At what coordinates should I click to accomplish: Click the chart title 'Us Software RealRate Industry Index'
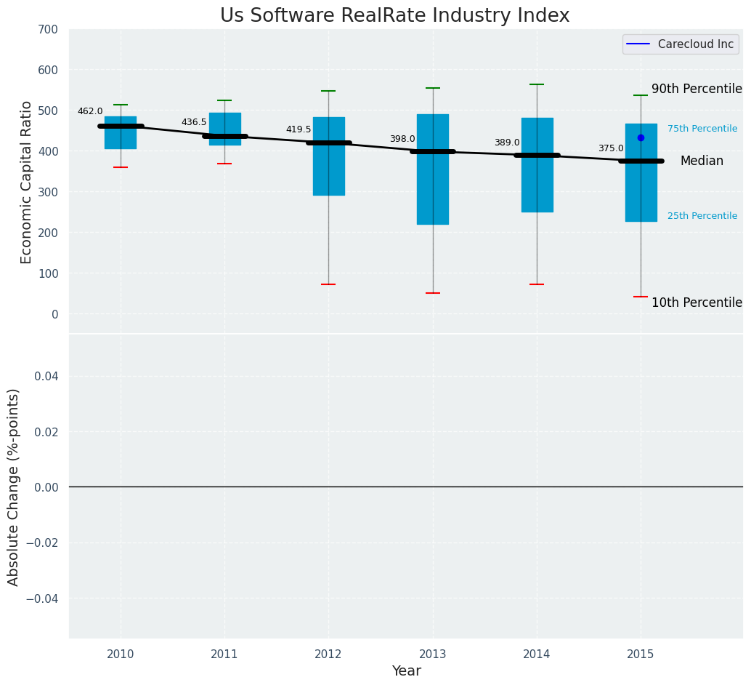(394, 16)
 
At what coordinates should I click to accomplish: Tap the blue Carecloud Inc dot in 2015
(641, 137)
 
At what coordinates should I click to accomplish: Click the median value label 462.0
(90, 111)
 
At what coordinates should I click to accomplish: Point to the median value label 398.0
(402, 139)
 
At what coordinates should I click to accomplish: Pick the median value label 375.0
(611, 148)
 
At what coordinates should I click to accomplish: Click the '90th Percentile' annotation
(697, 89)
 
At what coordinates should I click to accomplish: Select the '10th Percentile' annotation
(697, 303)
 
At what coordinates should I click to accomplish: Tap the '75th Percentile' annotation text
(702, 129)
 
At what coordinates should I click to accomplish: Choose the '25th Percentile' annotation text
(702, 216)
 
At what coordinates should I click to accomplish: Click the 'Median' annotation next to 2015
(702, 161)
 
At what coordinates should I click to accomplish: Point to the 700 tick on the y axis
(48, 29)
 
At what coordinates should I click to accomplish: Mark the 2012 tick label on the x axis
(328, 654)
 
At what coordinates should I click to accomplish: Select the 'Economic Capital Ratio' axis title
(27, 182)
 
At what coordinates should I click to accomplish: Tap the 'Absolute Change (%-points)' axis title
(14, 486)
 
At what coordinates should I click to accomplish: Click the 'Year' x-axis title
(406, 671)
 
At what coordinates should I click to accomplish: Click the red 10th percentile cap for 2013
(433, 293)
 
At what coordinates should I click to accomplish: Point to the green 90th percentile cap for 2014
(537, 84)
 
